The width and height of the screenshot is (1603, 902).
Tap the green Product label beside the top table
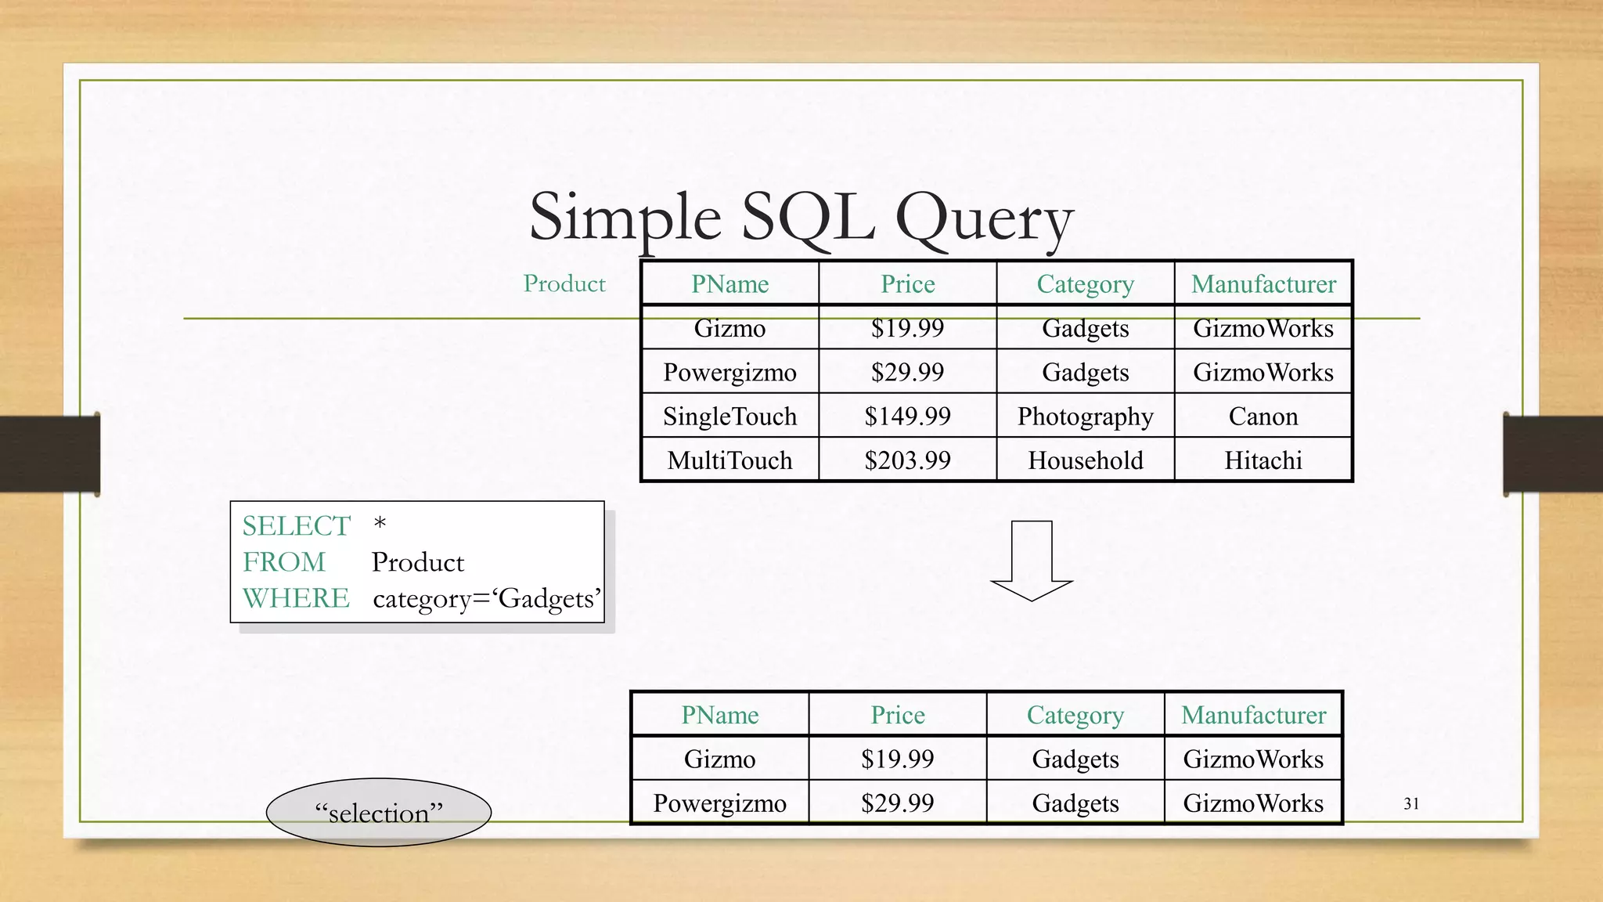pos(564,283)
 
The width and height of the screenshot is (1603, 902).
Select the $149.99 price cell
pos(907,416)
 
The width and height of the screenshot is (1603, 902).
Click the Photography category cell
pos(1085,416)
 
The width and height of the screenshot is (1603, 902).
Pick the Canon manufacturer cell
pos(1263,416)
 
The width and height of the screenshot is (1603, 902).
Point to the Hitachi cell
pos(1263,460)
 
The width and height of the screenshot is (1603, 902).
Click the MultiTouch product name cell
pos(729,460)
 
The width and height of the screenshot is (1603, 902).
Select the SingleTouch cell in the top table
pos(729,416)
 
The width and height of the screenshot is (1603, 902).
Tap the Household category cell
pos(1085,460)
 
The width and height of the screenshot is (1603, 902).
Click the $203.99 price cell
pos(907,460)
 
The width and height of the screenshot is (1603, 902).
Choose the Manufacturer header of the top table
pos(1263,283)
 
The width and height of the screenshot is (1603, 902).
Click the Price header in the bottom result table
pos(898,715)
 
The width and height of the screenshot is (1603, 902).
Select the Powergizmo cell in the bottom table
pos(719,803)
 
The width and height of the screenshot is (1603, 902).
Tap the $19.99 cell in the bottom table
pos(898,759)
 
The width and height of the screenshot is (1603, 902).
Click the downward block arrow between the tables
pos(1032,561)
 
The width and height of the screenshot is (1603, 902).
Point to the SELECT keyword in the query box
pos(296,525)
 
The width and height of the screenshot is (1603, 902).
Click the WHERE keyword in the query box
pos(296,598)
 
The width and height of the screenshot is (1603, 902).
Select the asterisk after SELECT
pos(380,523)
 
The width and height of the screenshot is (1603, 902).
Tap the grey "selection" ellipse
pos(379,813)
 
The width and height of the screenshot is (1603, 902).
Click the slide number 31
pos(1411,803)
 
